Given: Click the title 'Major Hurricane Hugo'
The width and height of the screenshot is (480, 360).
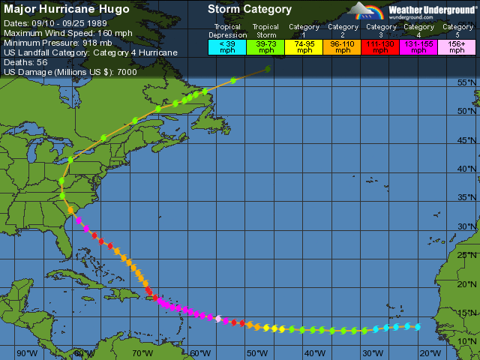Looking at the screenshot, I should click(67, 10).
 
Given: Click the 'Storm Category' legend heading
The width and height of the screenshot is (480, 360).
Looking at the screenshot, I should click(250, 10).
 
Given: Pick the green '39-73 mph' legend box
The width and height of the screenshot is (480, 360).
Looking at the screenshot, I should click(266, 46).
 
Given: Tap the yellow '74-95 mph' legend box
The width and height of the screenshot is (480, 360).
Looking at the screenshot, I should click(304, 46).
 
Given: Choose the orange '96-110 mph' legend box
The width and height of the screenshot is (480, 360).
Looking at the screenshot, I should click(343, 46).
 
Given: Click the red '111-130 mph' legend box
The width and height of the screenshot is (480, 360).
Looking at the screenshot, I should click(381, 46).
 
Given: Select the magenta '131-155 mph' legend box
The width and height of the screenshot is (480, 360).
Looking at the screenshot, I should click(418, 46).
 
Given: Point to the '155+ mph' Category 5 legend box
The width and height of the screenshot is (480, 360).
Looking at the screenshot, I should click(456, 46).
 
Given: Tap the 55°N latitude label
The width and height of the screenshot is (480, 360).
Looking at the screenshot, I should click(468, 82).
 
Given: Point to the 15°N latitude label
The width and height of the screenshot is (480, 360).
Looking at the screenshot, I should click(468, 313).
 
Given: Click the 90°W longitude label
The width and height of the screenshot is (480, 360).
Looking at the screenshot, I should click(27, 353).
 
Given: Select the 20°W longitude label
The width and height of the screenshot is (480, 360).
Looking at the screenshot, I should click(430, 353).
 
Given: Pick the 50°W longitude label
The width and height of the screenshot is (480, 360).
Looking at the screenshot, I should click(257, 353).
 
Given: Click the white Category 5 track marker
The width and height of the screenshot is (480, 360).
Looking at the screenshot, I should click(218, 319).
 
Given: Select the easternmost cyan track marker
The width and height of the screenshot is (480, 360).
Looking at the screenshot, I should click(418, 326).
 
